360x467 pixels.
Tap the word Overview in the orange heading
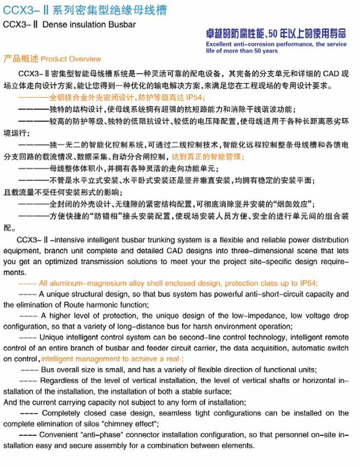[87, 59]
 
